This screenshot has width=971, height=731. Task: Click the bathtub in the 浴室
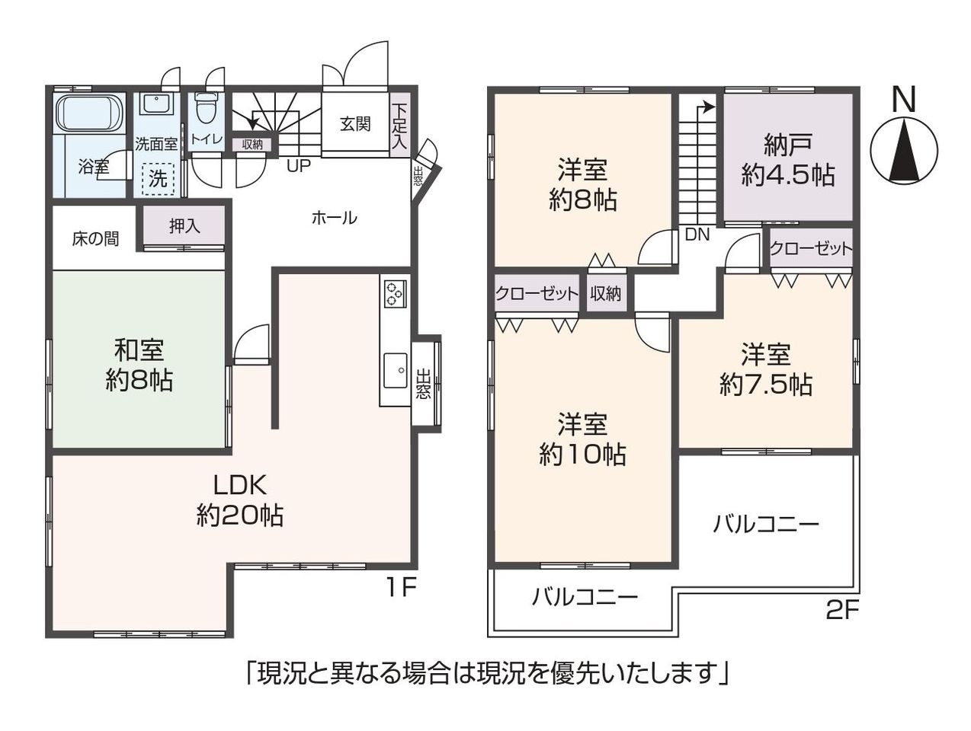pos(90,114)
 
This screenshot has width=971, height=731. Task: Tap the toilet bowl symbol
pos(203,108)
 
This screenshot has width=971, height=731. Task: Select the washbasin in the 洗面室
pos(155,106)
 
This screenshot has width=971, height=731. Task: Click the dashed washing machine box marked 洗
pos(158,178)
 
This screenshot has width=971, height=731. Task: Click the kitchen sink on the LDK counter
pos(395,370)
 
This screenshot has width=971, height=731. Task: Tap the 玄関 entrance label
pos(354,124)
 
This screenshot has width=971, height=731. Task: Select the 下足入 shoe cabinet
pos(399,125)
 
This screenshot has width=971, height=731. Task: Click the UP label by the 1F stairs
pos(298,166)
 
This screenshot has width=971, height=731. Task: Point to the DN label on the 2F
pos(697,235)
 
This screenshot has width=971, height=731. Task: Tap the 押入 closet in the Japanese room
pos(184,226)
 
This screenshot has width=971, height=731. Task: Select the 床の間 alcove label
pos(95,239)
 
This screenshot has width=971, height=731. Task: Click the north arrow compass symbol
pos(904,149)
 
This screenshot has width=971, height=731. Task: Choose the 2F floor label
pos(842,611)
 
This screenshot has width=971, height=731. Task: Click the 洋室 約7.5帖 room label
pos(765,369)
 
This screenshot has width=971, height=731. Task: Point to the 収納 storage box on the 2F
pos(606,293)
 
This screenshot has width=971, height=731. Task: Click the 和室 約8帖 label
pos(139,365)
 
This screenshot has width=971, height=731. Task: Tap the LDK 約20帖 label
pos(240,500)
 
